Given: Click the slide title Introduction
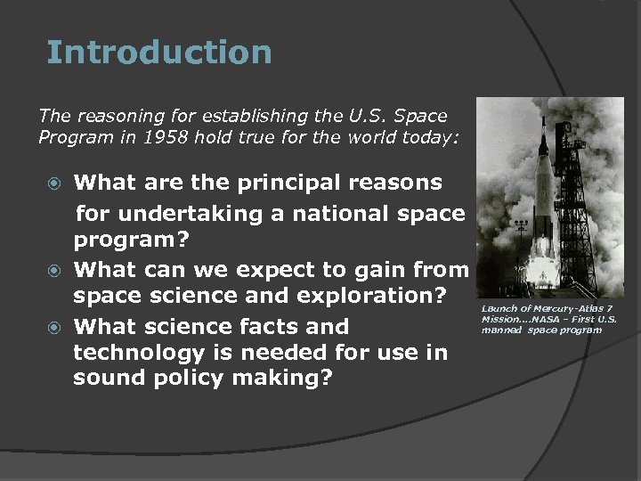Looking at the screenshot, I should (158, 53).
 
